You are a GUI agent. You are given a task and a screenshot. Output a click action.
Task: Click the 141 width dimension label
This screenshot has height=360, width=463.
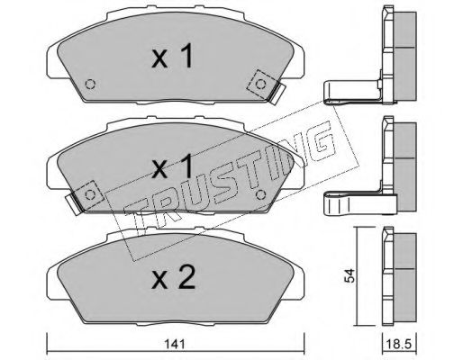[x=176, y=344]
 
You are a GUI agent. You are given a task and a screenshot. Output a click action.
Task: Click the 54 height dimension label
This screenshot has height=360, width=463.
[x=350, y=275]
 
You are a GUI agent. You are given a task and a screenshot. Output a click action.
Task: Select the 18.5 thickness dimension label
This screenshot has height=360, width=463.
[x=398, y=344]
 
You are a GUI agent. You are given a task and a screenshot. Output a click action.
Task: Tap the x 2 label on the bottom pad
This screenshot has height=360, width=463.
[x=173, y=278]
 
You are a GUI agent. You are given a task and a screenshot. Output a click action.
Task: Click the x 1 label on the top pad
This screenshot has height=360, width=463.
[x=172, y=56]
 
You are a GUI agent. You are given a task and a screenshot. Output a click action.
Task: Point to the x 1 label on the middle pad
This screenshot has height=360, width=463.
[x=172, y=166]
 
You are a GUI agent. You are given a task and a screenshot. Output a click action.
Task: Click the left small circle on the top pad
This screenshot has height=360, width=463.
[x=90, y=85]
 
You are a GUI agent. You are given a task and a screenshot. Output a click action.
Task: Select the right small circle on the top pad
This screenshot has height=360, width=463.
[x=260, y=85]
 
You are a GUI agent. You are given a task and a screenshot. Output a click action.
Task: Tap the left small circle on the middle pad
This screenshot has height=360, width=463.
[x=90, y=195]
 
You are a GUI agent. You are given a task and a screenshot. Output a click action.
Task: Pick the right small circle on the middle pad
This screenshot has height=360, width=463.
[x=260, y=194]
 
